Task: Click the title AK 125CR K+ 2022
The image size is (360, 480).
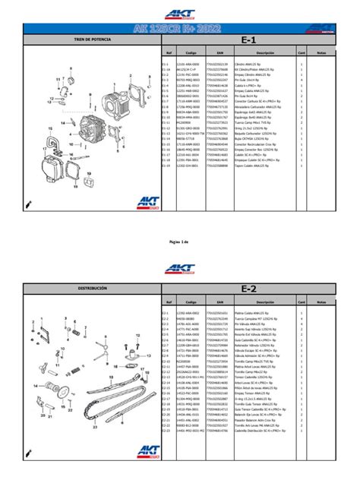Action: tap(179, 27)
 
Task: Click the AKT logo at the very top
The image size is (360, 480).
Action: tap(180, 14)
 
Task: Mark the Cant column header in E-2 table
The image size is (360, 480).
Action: tap(302, 302)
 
